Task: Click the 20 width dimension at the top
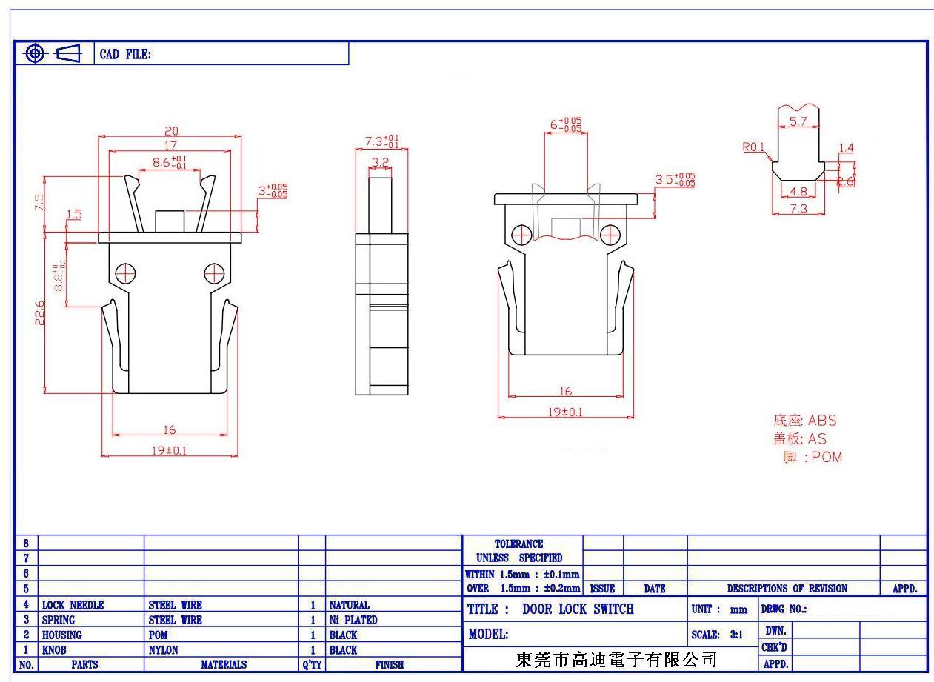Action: pyautogui.click(x=171, y=130)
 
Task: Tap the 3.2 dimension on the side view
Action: pyautogui.click(x=380, y=161)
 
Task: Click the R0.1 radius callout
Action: pyautogui.click(x=753, y=147)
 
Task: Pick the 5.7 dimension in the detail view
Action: pyautogui.click(x=798, y=122)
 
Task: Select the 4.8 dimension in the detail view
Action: pyautogui.click(x=798, y=191)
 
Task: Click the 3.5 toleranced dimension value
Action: pyautogui.click(x=675, y=180)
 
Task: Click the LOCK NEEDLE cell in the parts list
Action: pyautogui.click(x=73, y=605)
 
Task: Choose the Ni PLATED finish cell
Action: pyautogui.click(x=353, y=620)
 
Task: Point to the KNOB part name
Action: pyautogui.click(x=54, y=650)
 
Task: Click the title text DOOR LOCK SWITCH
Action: pyautogui.click(x=578, y=609)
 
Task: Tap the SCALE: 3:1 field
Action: pyautogui.click(x=717, y=635)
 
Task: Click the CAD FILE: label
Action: pyautogui.click(x=125, y=54)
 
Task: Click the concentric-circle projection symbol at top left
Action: pyautogui.click(x=34, y=53)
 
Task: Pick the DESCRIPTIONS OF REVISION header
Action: pyautogui.click(x=787, y=589)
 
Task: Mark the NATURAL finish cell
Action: pyautogui.click(x=349, y=605)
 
